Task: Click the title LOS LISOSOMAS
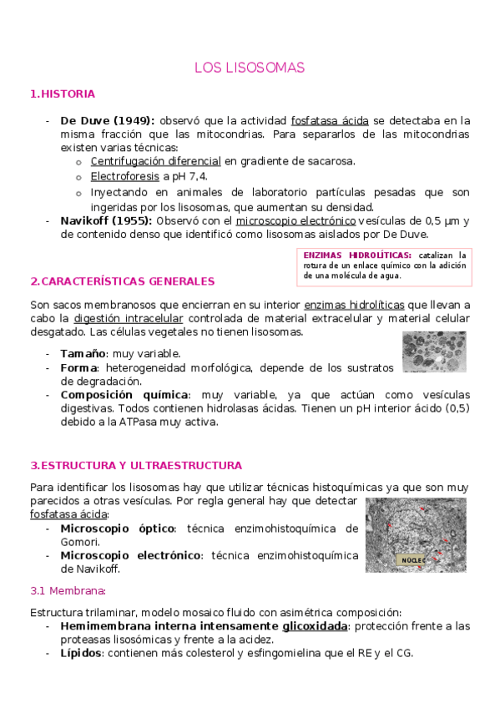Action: tap(250, 67)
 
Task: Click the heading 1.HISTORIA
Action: tap(63, 94)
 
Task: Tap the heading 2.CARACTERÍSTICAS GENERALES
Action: tap(122, 281)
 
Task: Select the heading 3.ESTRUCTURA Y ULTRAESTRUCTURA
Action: tap(136, 465)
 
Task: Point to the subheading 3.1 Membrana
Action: tap(68, 591)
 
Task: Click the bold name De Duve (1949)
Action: tap(108, 120)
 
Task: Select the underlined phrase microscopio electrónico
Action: tap(295, 220)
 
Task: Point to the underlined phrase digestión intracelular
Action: tap(129, 318)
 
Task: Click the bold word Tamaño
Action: tap(83, 354)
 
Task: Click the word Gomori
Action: tap(79, 542)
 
